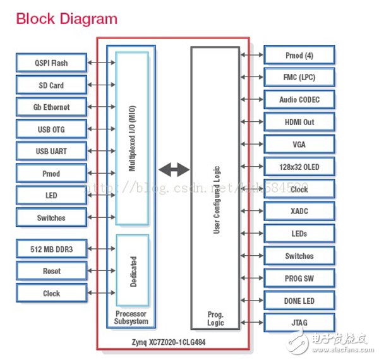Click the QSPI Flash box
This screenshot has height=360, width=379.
coord(51,63)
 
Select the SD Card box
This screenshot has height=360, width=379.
coord(51,85)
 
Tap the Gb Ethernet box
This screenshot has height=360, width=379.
coord(51,107)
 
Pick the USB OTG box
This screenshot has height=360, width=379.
coord(51,129)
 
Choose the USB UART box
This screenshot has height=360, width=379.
coord(51,152)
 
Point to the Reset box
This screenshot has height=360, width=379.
coord(51,271)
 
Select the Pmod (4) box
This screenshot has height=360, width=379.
coord(299,56)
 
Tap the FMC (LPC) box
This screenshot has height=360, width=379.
coord(299,78)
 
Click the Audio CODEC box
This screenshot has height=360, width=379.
coord(299,100)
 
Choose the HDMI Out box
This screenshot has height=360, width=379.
coord(299,122)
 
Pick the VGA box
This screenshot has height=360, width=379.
coord(299,145)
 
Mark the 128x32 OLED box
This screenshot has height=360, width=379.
coord(299,167)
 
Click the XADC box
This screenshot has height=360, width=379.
coord(299,211)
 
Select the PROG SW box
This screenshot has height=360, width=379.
coord(299,279)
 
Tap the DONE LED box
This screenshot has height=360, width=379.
coord(299,301)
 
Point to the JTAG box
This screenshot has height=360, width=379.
coord(299,323)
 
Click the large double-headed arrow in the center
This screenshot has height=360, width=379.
coord(173,169)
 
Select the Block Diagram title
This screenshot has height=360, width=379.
coord(66,18)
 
